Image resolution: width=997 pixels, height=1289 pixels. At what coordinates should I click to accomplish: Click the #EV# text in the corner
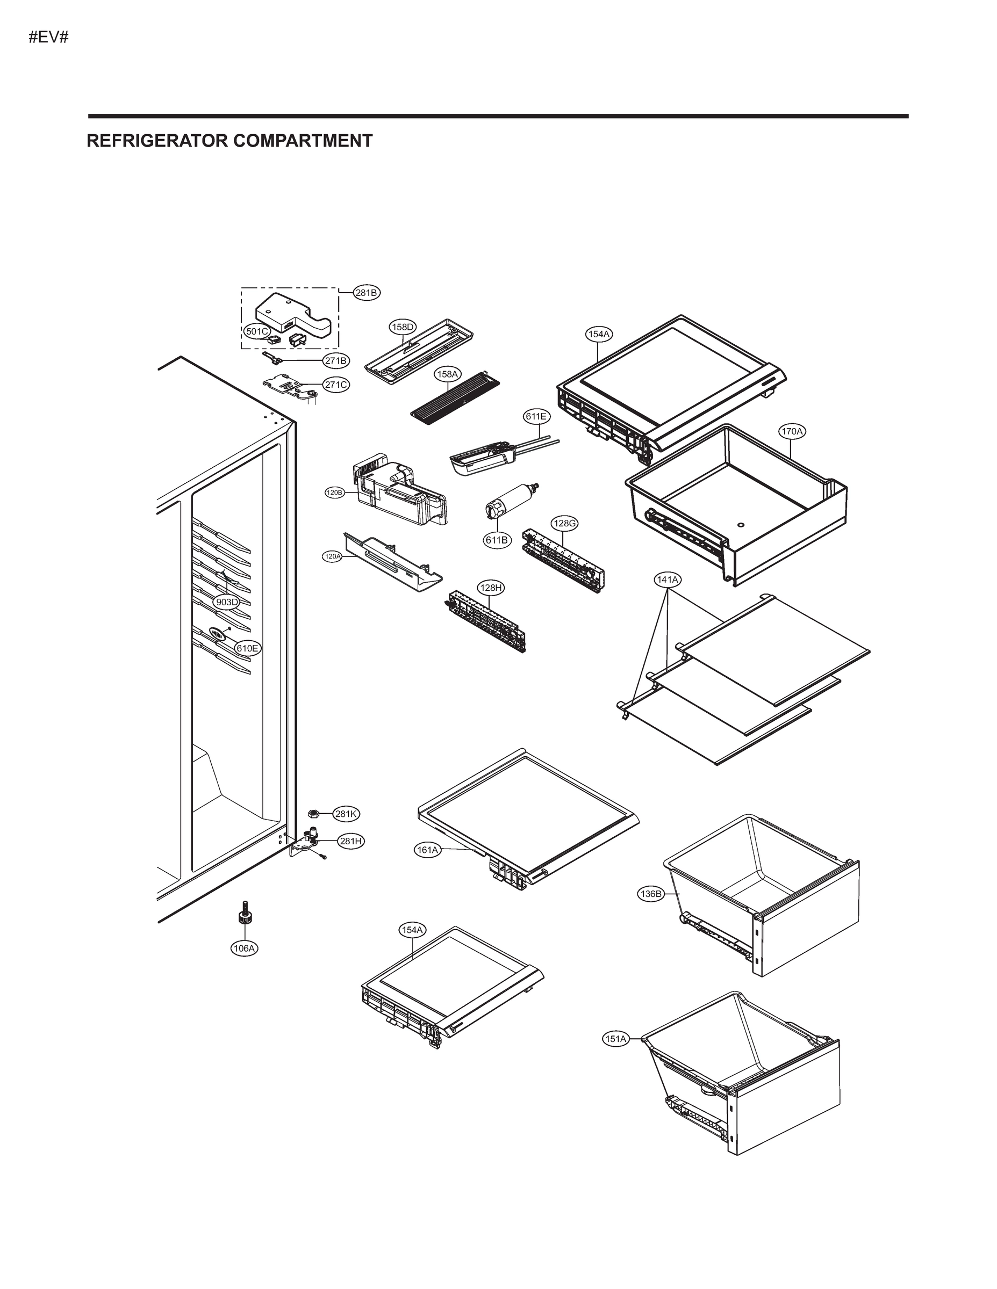[49, 38]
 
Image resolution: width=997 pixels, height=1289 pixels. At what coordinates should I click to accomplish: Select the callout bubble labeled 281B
[366, 292]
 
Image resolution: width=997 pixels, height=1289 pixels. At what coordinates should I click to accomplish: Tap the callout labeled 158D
[403, 327]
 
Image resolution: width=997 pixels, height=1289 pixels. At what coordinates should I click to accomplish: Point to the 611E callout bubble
[536, 416]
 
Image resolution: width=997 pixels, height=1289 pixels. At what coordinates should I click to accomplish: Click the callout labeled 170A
[792, 431]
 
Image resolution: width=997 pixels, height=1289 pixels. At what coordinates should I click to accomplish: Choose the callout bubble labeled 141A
[668, 580]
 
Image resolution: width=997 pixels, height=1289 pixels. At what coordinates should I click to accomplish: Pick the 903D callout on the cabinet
[227, 602]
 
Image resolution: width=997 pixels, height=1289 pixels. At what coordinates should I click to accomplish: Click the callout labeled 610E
[247, 648]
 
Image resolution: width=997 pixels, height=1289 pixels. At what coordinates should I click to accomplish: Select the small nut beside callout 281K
[314, 814]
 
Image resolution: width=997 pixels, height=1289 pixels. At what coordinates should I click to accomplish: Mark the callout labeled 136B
[650, 894]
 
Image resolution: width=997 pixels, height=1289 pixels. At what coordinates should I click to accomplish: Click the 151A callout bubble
[615, 1039]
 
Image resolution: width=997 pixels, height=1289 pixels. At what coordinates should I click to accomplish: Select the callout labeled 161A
[427, 850]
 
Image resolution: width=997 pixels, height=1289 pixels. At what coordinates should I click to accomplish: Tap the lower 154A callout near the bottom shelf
[412, 930]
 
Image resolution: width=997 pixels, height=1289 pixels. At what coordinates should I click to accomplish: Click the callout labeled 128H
[491, 588]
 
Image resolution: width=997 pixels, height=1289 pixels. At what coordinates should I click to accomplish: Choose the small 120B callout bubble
[334, 492]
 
